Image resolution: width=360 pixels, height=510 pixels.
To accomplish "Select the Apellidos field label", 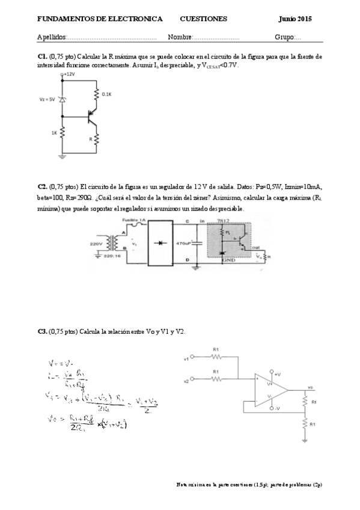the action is point(52,37).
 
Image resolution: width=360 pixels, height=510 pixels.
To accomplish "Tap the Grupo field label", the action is point(284,37).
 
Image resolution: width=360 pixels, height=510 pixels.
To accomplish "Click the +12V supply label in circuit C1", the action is point(68,74).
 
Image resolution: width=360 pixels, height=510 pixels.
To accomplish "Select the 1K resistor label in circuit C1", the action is point(54,133).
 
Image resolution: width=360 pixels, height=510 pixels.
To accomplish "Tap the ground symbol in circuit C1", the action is point(63,156).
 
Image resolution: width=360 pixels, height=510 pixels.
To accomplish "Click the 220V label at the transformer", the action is point(96,244).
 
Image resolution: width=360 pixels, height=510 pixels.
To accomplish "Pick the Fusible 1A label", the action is point(134,221).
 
